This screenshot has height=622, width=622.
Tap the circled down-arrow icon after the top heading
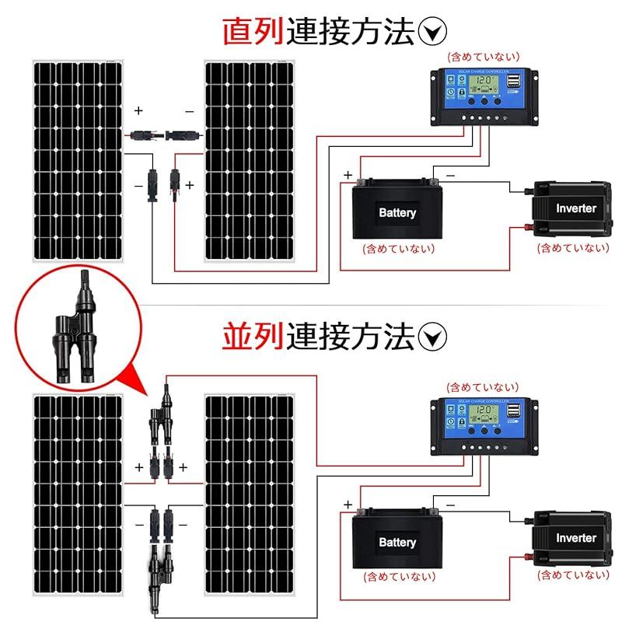(432, 31)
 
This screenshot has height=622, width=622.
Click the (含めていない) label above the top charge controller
(482, 57)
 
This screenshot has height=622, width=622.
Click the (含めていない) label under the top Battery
(398, 249)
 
